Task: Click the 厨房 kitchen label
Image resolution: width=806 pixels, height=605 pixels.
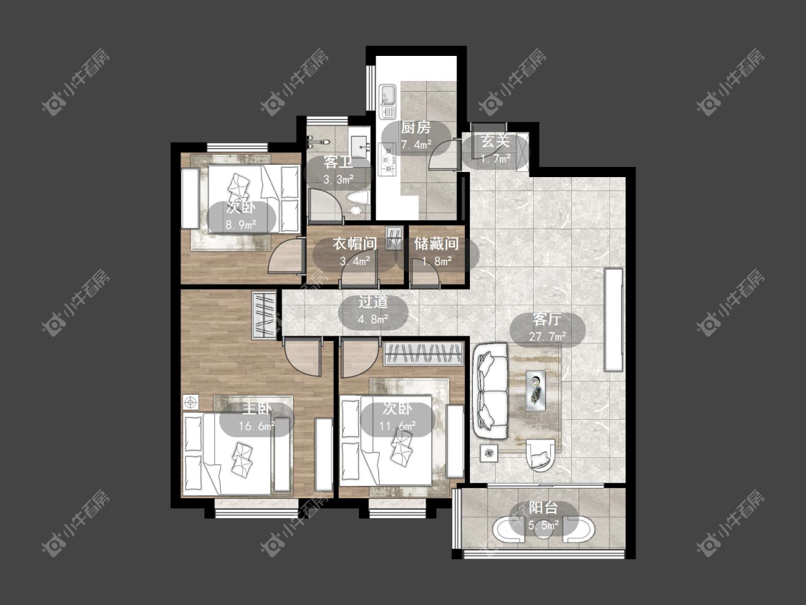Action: tap(416, 128)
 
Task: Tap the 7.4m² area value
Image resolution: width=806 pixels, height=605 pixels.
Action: tap(416, 145)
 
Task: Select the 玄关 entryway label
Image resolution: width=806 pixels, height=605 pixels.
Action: tap(495, 141)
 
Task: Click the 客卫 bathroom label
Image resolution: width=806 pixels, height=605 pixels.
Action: tap(338, 163)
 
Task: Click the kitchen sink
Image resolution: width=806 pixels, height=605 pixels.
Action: tap(388, 95)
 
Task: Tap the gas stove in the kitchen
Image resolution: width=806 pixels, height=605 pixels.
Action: tap(387, 159)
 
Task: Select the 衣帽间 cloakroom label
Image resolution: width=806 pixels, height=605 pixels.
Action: tap(355, 243)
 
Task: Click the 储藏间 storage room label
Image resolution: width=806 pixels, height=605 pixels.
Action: tap(436, 243)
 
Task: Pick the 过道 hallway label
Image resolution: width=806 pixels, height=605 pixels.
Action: tap(373, 302)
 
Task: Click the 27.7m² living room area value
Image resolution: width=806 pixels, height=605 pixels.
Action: tap(547, 337)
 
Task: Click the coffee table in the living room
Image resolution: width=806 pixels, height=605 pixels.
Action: tap(536, 391)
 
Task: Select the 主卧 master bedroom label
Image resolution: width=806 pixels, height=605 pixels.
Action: tap(257, 409)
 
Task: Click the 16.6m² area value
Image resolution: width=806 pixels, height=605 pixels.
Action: tap(257, 426)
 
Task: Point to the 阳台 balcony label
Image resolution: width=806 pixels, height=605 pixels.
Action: tap(543, 508)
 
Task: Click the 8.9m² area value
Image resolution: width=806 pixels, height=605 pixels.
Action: tap(241, 224)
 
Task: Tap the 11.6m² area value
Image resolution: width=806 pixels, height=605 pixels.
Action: tap(398, 426)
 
